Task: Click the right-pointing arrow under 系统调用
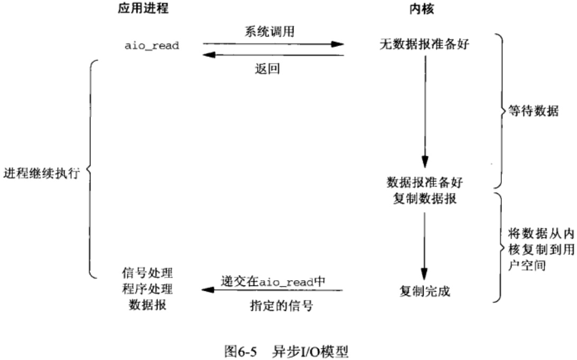point(273,44)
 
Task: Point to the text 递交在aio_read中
point(273,281)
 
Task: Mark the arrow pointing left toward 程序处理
point(273,290)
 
